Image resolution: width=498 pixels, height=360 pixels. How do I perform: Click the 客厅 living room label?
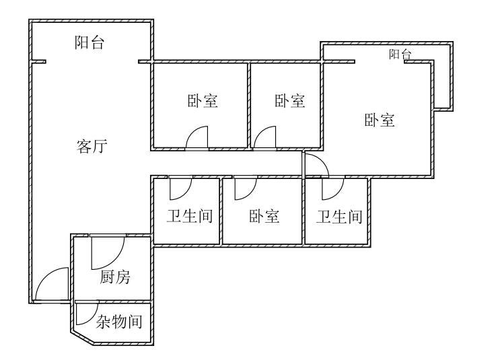(x=90, y=147)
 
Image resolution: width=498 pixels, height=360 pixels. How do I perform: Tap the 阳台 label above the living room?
(x=90, y=44)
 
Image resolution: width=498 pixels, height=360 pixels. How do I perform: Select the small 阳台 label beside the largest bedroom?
(x=400, y=55)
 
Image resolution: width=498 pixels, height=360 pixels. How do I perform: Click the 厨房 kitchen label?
(x=115, y=277)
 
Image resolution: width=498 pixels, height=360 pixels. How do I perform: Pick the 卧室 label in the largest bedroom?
(x=380, y=121)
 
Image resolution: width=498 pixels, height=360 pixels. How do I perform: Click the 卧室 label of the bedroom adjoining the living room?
(x=203, y=102)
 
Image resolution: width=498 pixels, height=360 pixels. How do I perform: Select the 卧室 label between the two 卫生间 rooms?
(x=264, y=217)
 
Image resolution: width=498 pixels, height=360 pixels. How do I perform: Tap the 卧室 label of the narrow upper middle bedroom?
(x=290, y=102)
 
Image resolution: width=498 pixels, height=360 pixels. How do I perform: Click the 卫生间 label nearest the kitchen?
(x=190, y=217)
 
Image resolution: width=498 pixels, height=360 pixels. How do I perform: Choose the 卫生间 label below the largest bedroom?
(x=340, y=217)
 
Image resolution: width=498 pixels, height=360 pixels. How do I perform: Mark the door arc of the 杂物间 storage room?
(x=85, y=314)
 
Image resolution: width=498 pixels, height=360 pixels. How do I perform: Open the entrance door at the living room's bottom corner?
(x=52, y=285)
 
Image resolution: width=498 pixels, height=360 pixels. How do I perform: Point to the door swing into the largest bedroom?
(x=314, y=164)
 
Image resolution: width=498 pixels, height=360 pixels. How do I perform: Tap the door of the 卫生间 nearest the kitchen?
(x=180, y=188)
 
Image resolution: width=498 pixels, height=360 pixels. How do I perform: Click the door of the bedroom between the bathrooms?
(x=245, y=188)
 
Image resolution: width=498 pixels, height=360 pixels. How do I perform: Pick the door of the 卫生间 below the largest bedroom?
(x=332, y=188)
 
